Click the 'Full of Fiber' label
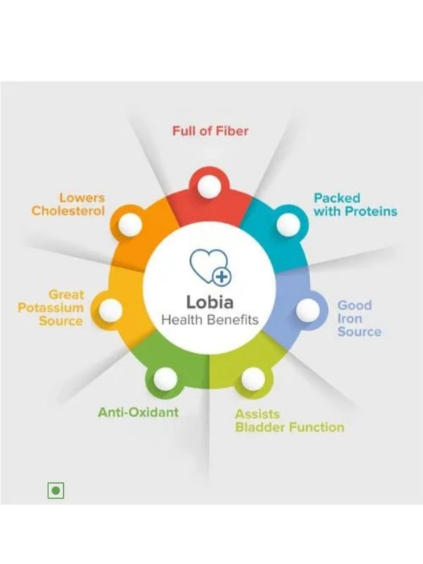210,131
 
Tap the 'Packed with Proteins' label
355,205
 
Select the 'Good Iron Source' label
359,319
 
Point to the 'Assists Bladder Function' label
289,421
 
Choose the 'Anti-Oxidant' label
139,413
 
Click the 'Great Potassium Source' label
51,308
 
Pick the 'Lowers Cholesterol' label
68,205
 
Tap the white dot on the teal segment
288,225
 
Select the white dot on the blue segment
308,309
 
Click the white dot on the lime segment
253,379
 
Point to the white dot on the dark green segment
165,379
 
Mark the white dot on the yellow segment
110,310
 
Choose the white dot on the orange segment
130,225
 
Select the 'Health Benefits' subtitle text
209,320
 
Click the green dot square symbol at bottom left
56,490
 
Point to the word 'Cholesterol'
68,211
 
